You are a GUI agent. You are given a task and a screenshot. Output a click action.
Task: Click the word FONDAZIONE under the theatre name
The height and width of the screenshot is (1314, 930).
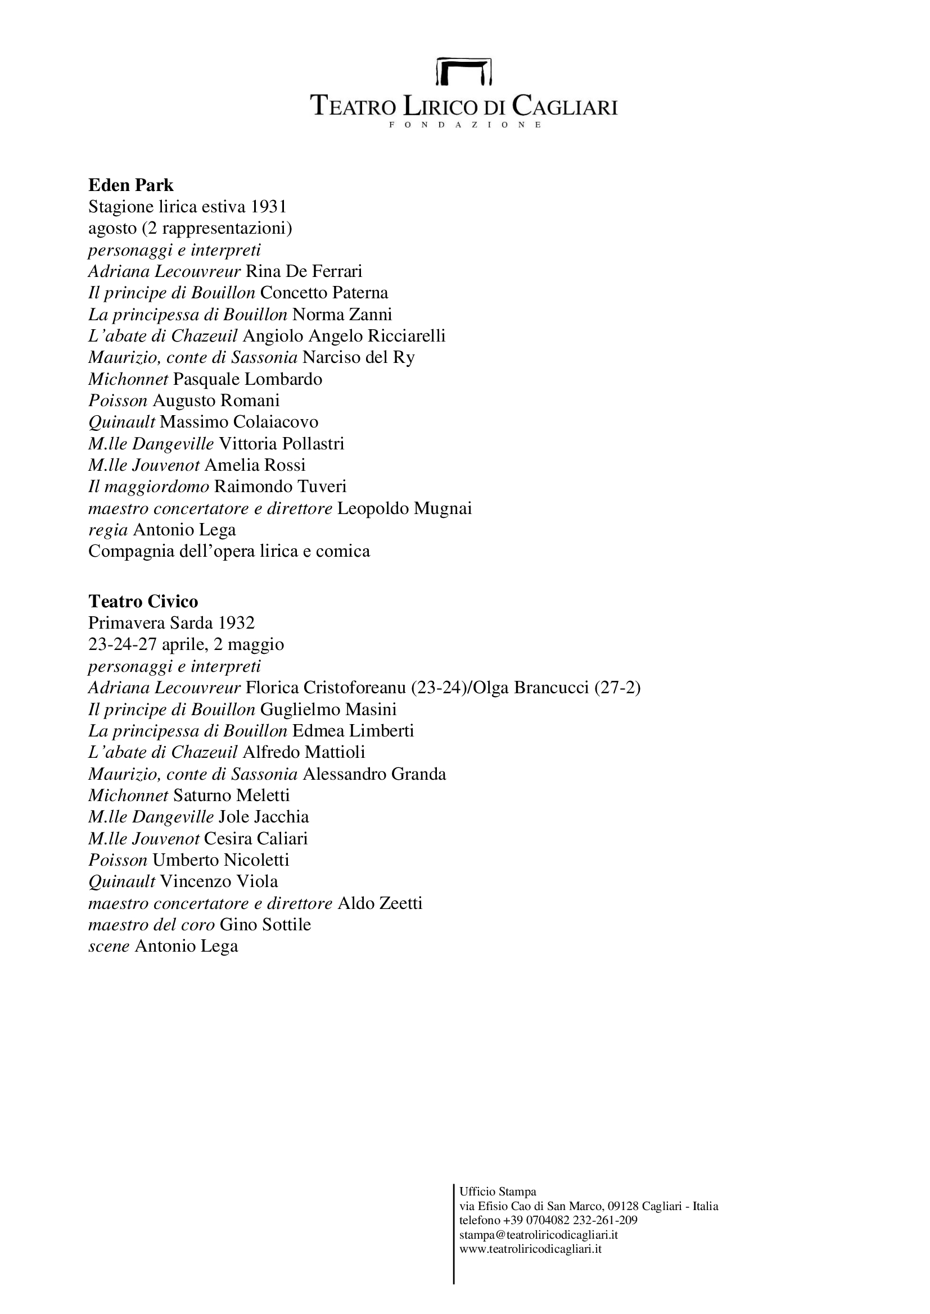pyautogui.click(x=464, y=125)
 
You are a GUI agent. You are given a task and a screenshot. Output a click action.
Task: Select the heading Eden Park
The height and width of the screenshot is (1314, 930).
pyautogui.click(x=130, y=185)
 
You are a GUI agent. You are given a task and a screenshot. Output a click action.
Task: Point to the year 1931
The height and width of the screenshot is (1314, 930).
pyautogui.click(x=268, y=207)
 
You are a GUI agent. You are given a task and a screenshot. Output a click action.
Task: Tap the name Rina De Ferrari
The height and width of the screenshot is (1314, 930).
pyautogui.click(x=304, y=271)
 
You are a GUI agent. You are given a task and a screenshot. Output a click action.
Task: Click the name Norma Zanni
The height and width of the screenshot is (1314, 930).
pyautogui.click(x=342, y=314)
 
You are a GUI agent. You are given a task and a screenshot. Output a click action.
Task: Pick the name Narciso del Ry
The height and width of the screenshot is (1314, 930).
pyautogui.click(x=359, y=357)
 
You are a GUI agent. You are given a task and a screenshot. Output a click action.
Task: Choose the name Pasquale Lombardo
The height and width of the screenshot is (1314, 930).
pyautogui.click(x=247, y=379)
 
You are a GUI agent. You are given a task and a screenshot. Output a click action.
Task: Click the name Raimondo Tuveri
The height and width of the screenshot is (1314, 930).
pyautogui.click(x=280, y=487)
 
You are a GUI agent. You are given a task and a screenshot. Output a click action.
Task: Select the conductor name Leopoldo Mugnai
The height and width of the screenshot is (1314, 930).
pyautogui.click(x=404, y=508)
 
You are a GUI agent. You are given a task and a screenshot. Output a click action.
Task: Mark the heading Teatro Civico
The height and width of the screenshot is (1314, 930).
pyautogui.click(x=143, y=602)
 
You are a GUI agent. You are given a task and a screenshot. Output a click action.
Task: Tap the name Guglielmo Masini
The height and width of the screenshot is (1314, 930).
pyautogui.click(x=328, y=710)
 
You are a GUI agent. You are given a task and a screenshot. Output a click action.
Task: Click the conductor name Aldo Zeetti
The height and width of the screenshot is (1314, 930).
pyautogui.click(x=380, y=904)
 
